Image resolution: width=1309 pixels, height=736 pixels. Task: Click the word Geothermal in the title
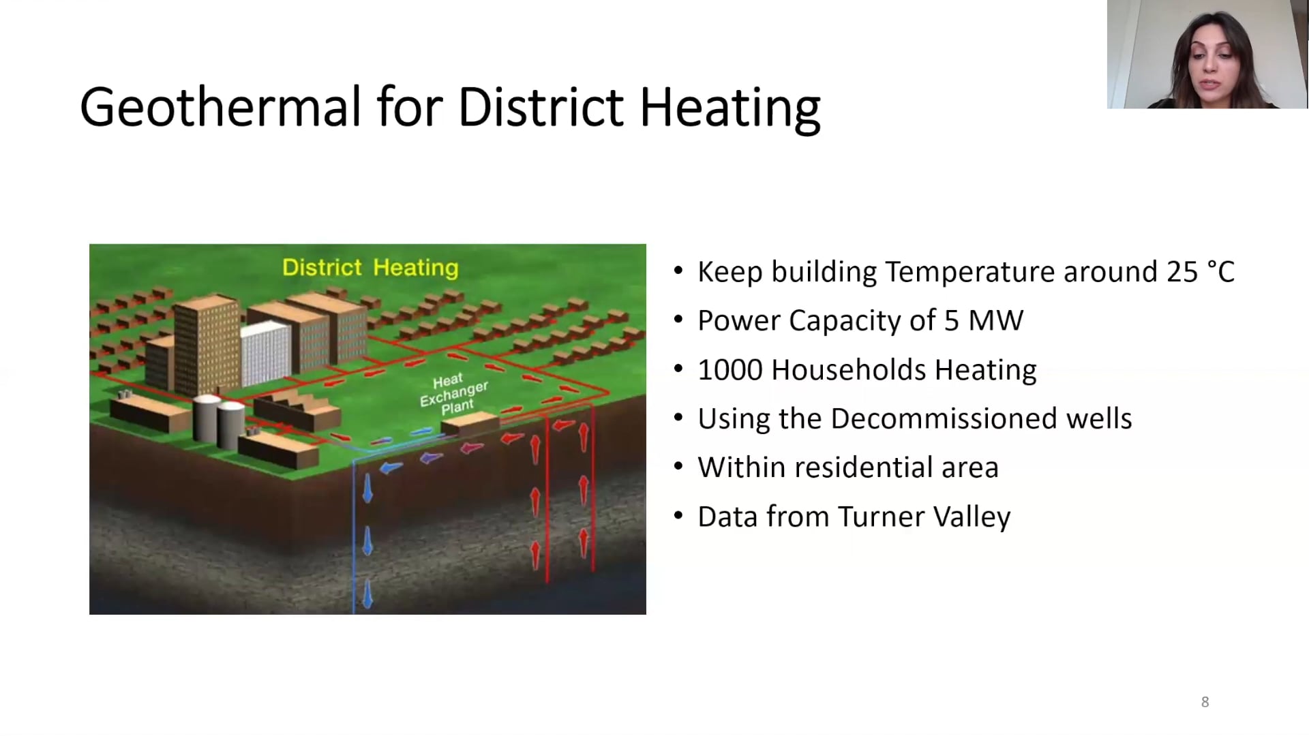click(x=220, y=108)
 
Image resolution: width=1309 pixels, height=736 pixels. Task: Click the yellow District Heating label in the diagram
click(x=370, y=267)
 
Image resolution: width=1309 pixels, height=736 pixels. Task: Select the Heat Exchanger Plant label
click(x=453, y=394)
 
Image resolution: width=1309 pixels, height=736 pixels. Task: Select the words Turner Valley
click(x=924, y=517)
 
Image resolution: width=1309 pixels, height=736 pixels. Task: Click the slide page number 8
click(x=1205, y=702)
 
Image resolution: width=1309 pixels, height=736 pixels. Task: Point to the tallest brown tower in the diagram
click(x=207, y=344)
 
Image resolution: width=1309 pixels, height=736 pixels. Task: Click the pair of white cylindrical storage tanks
click(x=218, y=419)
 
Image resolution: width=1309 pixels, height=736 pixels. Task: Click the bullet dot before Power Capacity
click(x=678, y=320)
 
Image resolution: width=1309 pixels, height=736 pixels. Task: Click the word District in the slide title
click(x=540, y=108)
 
